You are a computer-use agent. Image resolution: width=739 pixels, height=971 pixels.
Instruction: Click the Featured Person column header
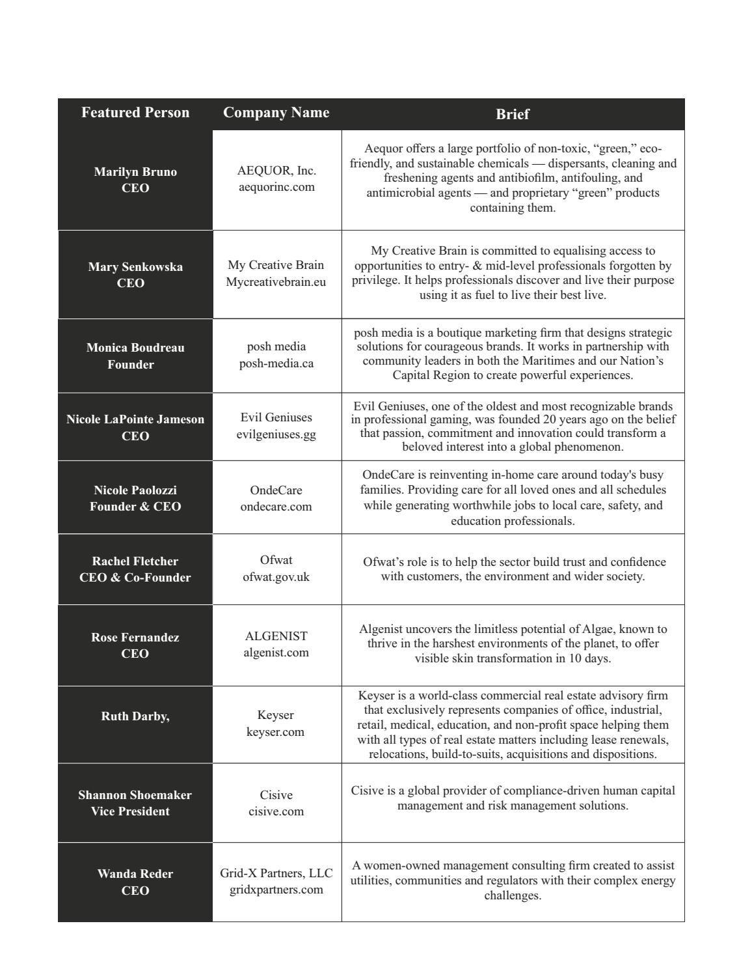pos(135,113)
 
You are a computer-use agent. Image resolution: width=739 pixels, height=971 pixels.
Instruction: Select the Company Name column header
pos(276,113)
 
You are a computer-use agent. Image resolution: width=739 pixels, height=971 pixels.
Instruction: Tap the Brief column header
pos(512,114)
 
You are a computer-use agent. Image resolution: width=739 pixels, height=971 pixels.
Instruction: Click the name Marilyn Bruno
pos(135,172)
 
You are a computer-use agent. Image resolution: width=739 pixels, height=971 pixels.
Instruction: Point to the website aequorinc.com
pos(276,187)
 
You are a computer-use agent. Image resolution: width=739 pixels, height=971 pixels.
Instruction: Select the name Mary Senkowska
pos(135,267)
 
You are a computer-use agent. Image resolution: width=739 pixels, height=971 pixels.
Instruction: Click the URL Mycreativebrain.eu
pos(276,282)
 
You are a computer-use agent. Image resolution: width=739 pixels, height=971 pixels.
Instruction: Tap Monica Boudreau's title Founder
pos(131,365)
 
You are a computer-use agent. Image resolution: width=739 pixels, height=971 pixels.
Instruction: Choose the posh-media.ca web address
pos(276,363)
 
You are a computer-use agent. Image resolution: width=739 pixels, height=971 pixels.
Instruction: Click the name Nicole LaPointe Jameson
pos(135,419)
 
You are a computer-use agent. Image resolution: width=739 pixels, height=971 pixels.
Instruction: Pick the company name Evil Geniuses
pos(276,417)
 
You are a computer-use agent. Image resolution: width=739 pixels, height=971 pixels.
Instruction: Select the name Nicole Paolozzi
pos(135,490)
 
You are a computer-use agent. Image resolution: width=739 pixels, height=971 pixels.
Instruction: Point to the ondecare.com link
pos(276,507)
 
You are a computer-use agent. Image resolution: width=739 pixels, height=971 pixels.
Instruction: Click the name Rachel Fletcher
pos(135,561)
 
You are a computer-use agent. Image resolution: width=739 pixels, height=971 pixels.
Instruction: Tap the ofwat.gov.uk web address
pos(276,577)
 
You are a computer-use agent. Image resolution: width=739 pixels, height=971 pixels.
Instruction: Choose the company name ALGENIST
pos(276,636)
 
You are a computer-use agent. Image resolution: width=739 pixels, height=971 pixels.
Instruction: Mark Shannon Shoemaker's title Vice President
pos(130,811)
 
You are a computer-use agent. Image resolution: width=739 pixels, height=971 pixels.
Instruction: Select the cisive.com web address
pos(276,811)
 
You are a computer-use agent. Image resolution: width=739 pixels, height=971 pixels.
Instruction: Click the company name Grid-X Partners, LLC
pos(276,873)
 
